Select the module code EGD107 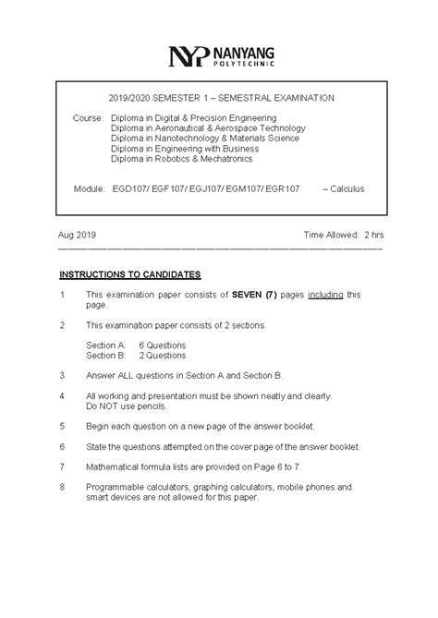(127, 188)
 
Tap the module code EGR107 (282, 188)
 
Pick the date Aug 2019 (78, 236)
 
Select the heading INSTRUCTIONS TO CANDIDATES (130, 274)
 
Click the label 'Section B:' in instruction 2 (105, 354)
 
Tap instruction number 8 (61, 486)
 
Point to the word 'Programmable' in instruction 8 (116, 486)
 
